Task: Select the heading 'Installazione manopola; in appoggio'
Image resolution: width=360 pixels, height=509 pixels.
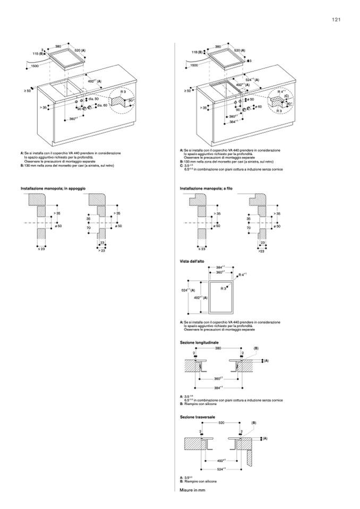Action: click(53, 188)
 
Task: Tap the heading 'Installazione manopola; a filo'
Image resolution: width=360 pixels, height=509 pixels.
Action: click(206, 188)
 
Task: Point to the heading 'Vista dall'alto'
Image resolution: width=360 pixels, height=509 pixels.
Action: click(192, 262)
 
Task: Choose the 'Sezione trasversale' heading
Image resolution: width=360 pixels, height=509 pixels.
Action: click(198, 417)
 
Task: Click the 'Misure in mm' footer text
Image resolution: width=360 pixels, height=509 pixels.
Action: click(192, 489)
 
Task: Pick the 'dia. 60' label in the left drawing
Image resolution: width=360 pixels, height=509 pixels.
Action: click(102, 105)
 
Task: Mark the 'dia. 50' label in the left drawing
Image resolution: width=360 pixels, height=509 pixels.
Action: click(93, 99)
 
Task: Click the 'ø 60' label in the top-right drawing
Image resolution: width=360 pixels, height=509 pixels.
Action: click(259, 107)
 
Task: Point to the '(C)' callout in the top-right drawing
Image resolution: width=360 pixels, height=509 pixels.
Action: click(286, 97)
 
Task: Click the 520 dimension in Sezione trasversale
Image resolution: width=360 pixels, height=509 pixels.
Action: click(221, 423)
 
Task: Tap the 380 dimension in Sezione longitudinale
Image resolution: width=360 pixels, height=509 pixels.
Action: click(218, 349)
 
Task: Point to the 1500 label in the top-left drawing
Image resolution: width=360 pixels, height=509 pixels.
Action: click(35, 65)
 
